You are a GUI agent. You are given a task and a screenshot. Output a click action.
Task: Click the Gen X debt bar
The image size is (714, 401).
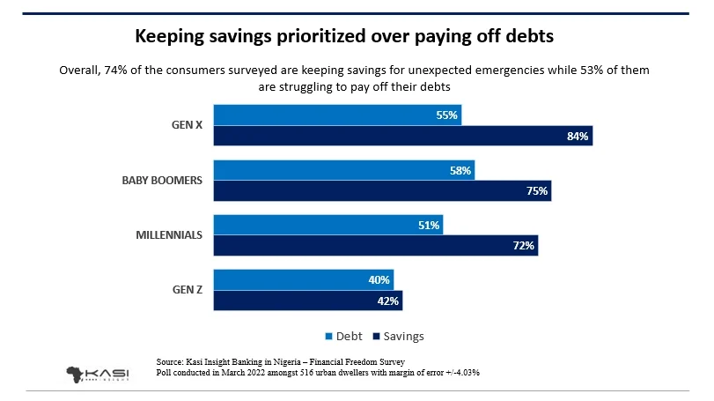coord(337,115)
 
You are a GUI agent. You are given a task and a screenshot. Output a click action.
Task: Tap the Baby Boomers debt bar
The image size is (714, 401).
coord(344,170)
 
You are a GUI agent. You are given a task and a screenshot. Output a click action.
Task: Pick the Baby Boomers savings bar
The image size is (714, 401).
coord(382,191)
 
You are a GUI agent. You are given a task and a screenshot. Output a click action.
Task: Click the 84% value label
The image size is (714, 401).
coord(578,137)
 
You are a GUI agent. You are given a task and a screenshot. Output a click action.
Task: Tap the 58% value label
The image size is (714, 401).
coord(460,170)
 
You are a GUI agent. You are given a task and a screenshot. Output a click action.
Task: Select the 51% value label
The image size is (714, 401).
coord(429,225)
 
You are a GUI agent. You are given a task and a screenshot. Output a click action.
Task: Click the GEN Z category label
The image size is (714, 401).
coord(187,289)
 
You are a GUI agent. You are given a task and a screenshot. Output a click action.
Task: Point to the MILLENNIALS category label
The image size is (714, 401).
coord(169,234)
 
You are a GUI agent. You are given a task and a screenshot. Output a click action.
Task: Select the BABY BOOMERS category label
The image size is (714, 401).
coord(162,180)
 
